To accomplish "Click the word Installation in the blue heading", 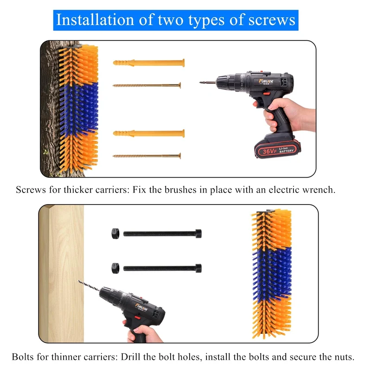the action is coord(95,20).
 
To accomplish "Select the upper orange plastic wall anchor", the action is coord(149,63).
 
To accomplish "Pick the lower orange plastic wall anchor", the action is coord(149,134).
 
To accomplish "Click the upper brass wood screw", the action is coord(147,85).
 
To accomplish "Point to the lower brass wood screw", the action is coord(147,156).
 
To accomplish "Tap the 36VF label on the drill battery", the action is coord(270,151).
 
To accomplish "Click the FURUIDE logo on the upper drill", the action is coord(266,82).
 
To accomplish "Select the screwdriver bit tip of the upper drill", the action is coord(201,83).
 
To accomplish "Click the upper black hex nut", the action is coord(115,234).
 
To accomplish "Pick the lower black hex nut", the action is coord(115,268).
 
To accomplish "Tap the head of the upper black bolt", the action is coord(198,234).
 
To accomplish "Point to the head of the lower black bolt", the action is coord(198,269).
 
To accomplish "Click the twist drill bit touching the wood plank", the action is coord(89,286).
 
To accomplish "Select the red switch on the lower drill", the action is coord(137,318).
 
